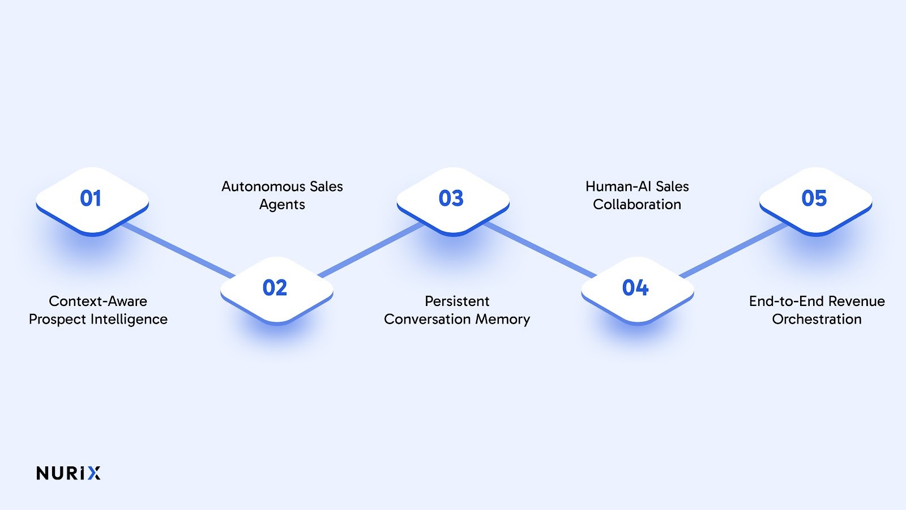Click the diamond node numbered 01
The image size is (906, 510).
(x=92, y=199)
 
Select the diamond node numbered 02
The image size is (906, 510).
(x=276, y=288)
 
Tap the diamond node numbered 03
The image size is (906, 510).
(x=452, y=199)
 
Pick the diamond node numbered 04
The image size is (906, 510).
(x=636, y=288)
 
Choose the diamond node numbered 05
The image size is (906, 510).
(x=815, y=199)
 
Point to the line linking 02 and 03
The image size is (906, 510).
(x=371, y=249)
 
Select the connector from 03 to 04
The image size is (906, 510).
(x=541, y=250)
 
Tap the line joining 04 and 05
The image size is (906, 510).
(x=733, y=249)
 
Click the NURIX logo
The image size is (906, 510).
(x=69, y=473)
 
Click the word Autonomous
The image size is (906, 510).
(x=255, y=186)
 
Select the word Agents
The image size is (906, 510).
(x=282, y=205)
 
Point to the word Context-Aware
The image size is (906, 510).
(x=98, y=301)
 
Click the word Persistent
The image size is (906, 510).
(x=457, y=301)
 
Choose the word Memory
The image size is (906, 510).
(x=502, y=320)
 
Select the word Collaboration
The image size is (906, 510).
(x=637, y=205)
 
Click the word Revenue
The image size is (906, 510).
(x=857, y=301)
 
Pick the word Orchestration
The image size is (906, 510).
(x=817, y=320)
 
